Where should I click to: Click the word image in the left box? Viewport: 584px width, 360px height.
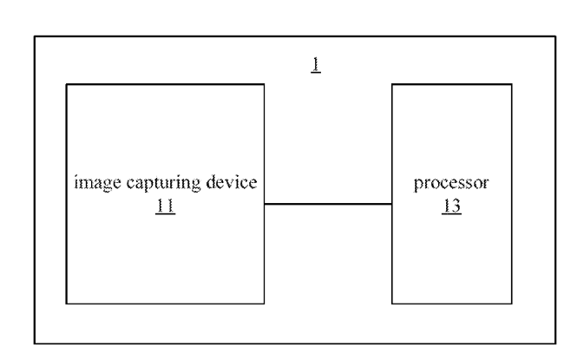point(90,185)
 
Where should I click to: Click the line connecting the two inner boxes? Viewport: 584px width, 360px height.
point(328,205)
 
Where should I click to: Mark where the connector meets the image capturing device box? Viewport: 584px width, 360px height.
point(264,205)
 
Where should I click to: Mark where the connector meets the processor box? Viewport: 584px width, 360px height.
point(392,205)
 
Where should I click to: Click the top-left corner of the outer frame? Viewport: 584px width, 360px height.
point(36,37)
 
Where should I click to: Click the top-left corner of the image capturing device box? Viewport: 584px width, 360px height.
point(67,85)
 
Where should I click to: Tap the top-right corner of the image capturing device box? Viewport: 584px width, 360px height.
point(264,85)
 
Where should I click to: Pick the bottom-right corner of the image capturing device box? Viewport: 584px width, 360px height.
point(264,304)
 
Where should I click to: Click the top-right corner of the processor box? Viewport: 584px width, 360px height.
point(511,85)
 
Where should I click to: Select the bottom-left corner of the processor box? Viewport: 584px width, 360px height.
point(392,304)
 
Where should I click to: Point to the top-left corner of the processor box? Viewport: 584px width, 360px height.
point(392,85)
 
